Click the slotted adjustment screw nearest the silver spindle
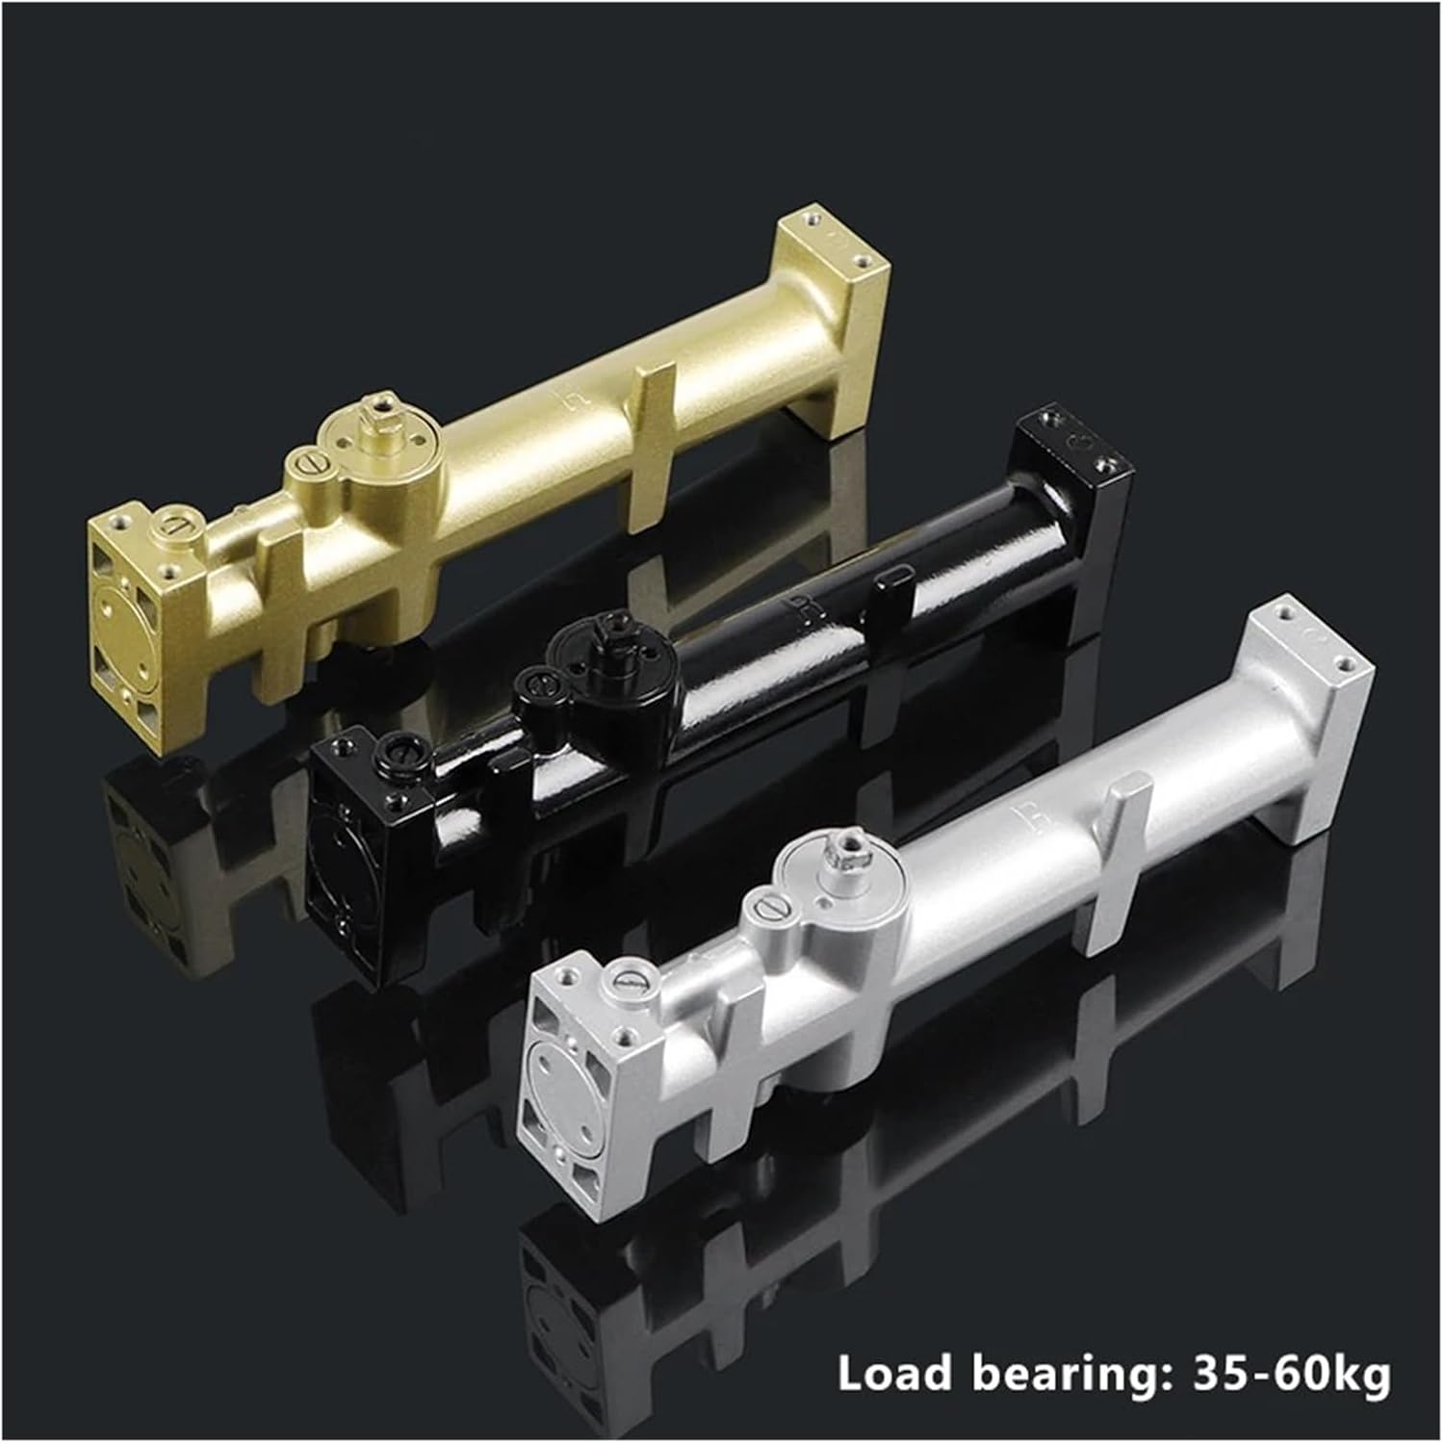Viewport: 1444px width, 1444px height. (x=769, y=906)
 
